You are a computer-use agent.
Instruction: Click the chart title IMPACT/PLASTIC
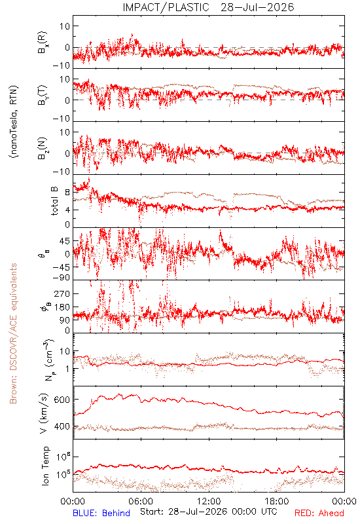pyautogui.click(x=166, y=7)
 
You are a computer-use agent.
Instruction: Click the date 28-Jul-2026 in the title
pyautogui.click(x=257, y=7)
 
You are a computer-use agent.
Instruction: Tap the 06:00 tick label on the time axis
pyautogui.click(x=141, y=501)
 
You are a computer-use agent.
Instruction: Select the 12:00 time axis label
pyautogui.click(x=209, y=501)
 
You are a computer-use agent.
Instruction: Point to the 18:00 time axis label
pyautogui.click(x=277, y=501)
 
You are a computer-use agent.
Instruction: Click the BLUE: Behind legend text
pyautogui.click(x=101, y=513)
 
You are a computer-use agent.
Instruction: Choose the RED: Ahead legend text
pyautogui.click(x=319, y=513)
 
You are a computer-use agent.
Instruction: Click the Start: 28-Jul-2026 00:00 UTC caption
pyautogui.click(x=208, y=512)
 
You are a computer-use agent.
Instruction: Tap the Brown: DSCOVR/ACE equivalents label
pyautogui.click(x=13, y=333)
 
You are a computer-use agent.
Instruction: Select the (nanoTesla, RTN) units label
pyautogui.click(x=14, y=122)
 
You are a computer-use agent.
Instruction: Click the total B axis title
pyautogui.click(x=54, y=201)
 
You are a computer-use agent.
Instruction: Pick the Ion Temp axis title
pyautogui.click(x=45, y=466)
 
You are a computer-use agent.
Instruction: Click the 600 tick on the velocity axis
pyautogui.click(x=62, y=400)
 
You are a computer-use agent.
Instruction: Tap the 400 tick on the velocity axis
pyautogui.click(x=62, y=426)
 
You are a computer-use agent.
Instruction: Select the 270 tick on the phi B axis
pyautogui.click(x=62, y=293)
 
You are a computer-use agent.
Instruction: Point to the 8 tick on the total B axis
pyautogui.click(x=67, y=193)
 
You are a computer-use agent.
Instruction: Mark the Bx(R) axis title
pyautogui.click(x=43, y=43)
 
